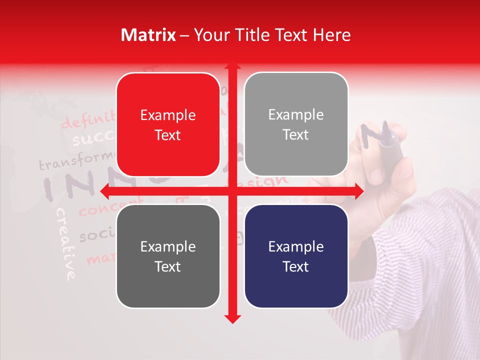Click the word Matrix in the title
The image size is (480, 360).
(148, 35)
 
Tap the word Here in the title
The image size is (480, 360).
(332, 35)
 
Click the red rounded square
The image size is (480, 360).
(168, 124)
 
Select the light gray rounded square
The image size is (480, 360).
(296, 124)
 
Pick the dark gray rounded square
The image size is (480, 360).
(168, 256)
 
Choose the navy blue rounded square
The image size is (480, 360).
(296, 256)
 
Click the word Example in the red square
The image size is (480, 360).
(168, 115)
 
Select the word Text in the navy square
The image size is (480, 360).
(296, 266)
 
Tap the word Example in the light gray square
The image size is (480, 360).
(296, 115)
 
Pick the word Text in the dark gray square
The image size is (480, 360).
(168, 266)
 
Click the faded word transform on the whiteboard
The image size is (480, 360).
(75, 161)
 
